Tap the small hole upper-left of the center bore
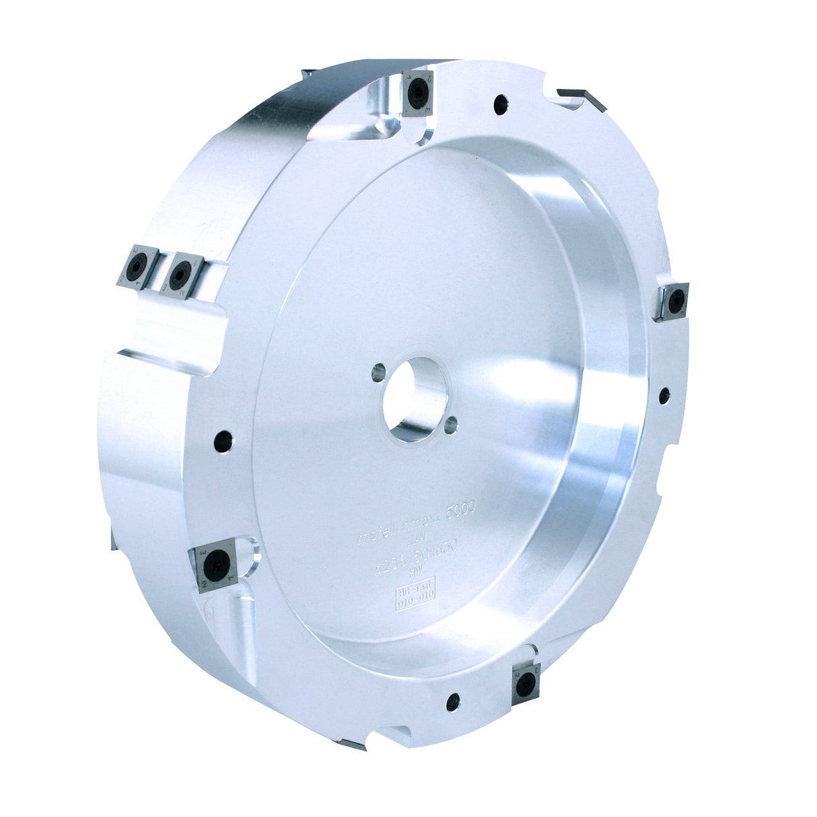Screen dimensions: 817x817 [x=379, y=370]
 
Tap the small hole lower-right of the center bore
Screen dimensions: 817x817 [x=452, y=423]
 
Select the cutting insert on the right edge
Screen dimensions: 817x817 [x=674, y=301]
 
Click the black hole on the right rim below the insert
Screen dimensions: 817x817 [x=664, y=396]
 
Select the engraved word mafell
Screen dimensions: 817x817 [x=376, y=536]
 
